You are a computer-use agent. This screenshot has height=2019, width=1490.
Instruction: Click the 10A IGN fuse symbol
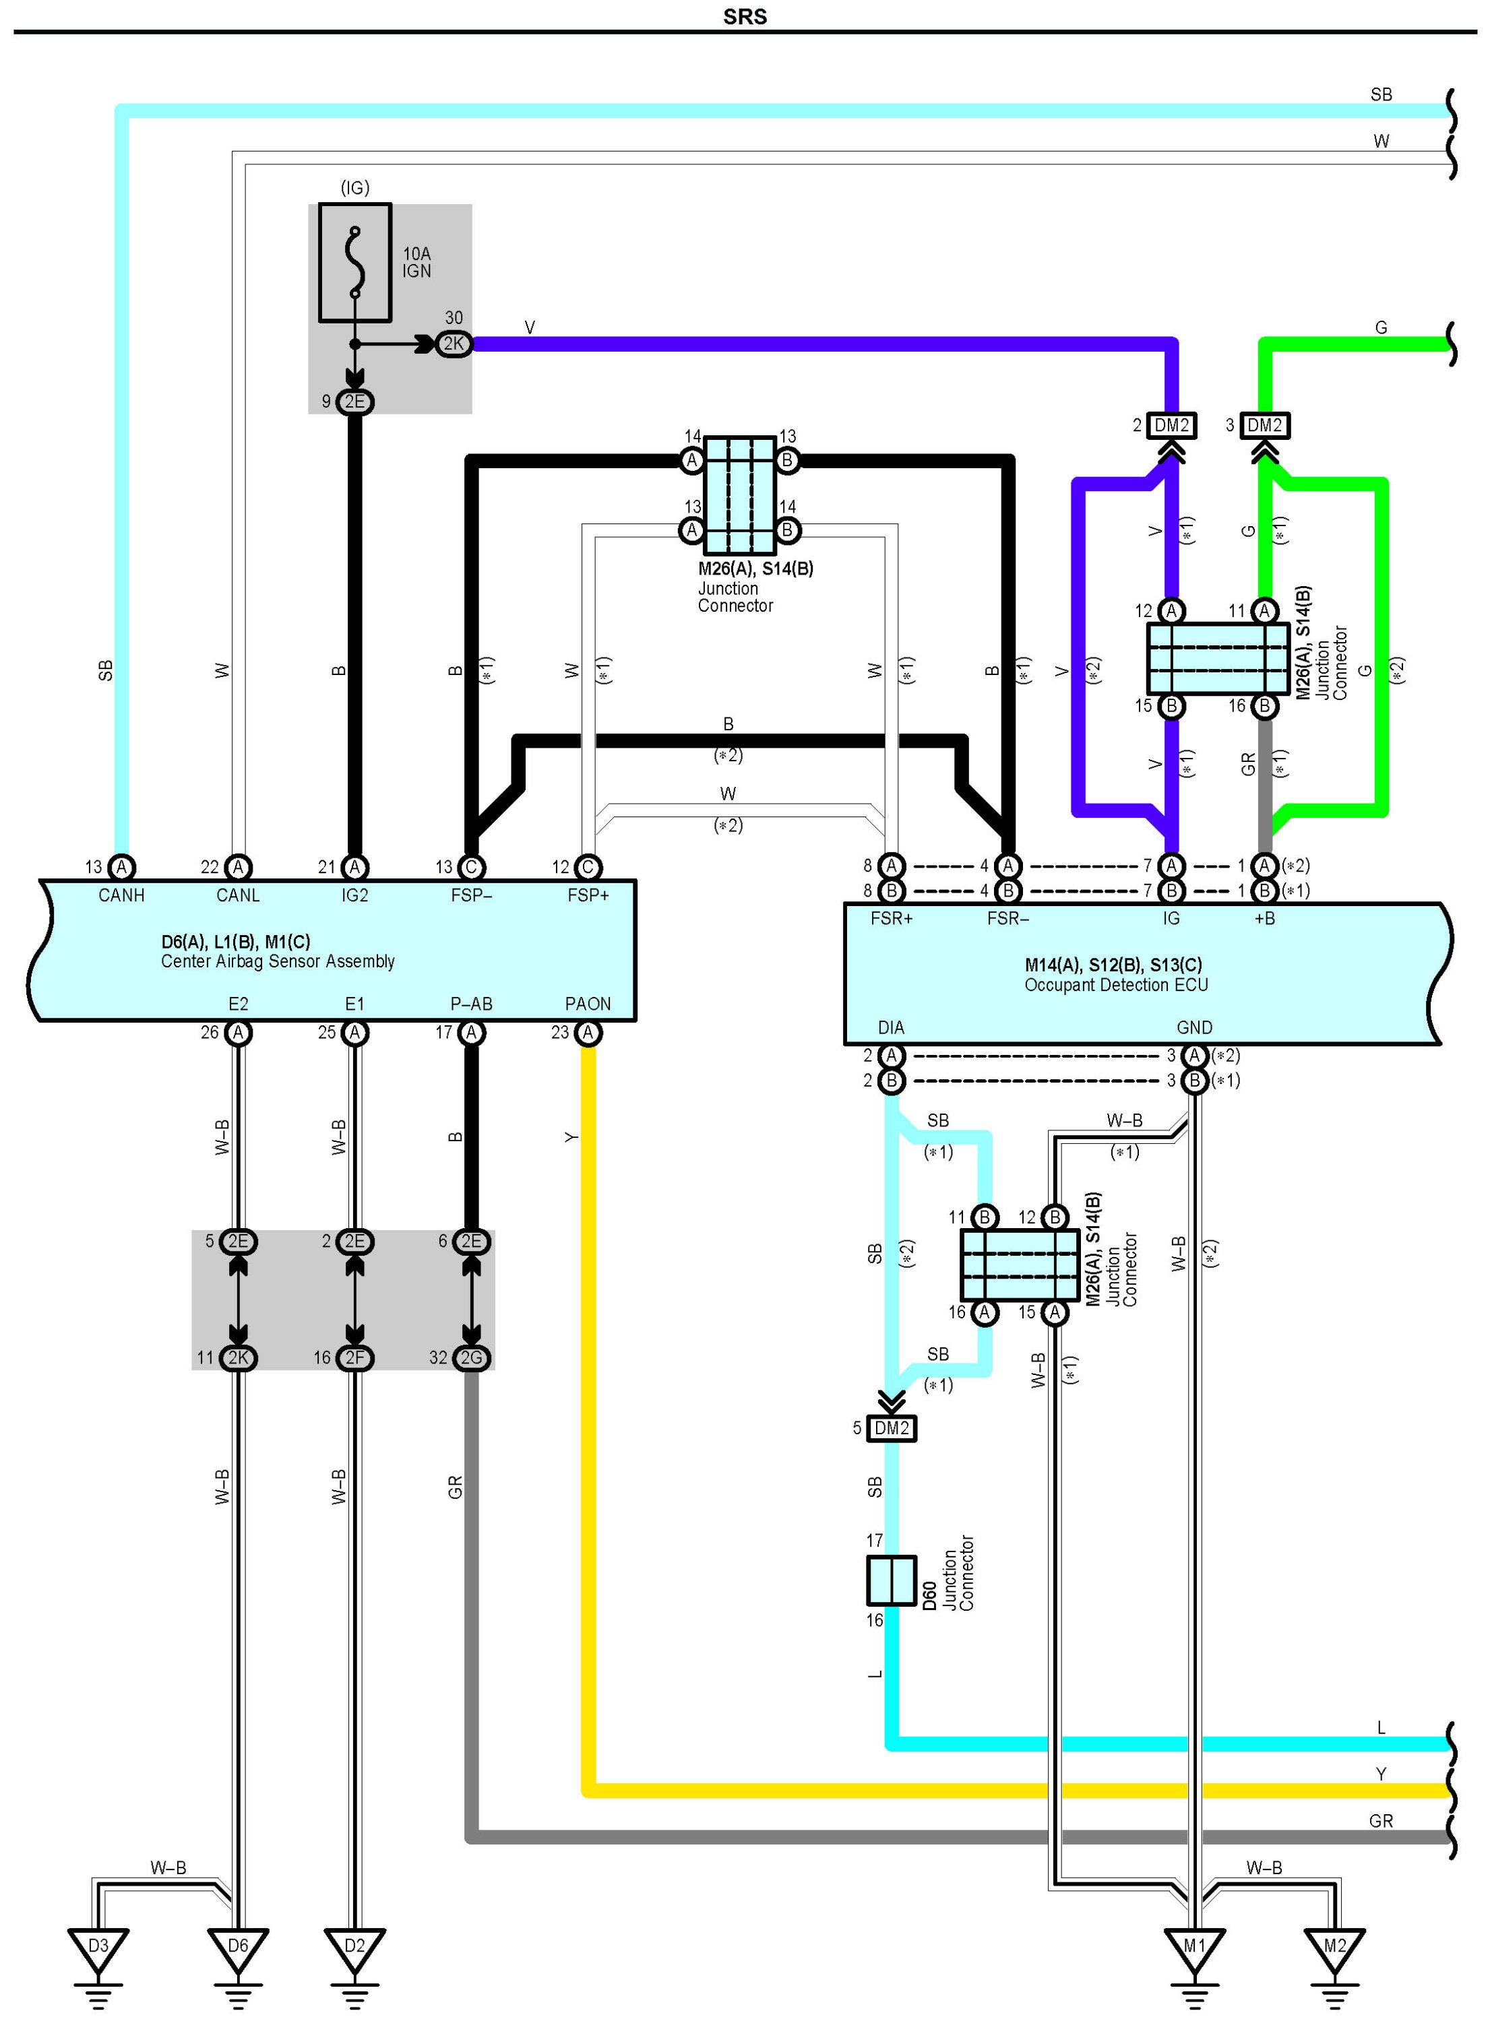(x=354, y=263)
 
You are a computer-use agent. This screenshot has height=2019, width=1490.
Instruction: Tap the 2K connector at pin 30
(x=454, y=344)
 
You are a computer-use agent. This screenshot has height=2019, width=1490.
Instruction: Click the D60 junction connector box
(x=891, y=1580)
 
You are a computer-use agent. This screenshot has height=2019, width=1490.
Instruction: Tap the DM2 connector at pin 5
(x=891, y=1428)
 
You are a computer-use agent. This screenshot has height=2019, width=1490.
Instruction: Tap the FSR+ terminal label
(x=891, y=919)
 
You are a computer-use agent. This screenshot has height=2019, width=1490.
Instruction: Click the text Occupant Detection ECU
(x=1116, y=986)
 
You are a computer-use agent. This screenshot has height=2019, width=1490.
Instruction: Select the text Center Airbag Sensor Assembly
(x=278, y=961)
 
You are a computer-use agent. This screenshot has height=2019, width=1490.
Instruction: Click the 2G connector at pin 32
(x=471, y=1358)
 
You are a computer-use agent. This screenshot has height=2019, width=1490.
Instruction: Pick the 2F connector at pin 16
(x=354, y=1358)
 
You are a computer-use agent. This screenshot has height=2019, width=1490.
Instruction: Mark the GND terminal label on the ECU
(x=1194, y=1027)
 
